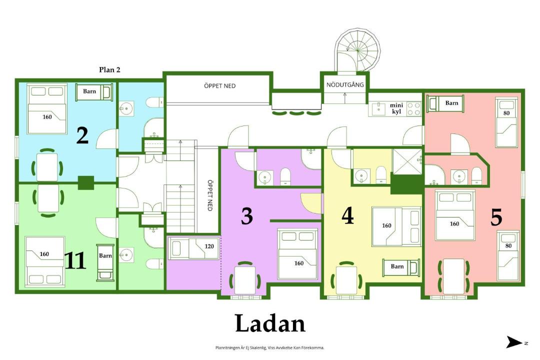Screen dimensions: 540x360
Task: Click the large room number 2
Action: (x=82, y=135)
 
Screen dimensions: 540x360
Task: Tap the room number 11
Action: (x=75, y=260)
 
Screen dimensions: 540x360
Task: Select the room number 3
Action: (x=247, y=216)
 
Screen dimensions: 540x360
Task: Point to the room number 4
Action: (x=347, y=216)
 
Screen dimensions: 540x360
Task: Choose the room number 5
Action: (x=496, y=217)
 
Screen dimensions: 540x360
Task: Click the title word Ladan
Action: (x=270, y=323)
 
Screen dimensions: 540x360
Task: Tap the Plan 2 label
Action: (x=109, y=69)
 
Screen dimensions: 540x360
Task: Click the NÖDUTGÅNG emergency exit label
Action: (x=345, y=84)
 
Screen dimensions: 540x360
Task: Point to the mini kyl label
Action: (x=396, y=108)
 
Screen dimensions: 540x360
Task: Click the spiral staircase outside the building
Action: (x=357, y=50)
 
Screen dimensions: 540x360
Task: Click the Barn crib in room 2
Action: (x=94, y=92)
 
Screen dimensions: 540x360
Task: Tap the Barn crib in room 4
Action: (x=401, y=267)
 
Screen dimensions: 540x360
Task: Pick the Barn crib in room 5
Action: (x=445, y=103)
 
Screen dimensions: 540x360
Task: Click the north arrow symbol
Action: (x=514, y=342)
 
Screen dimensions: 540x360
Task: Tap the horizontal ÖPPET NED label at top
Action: (x=219, y=86)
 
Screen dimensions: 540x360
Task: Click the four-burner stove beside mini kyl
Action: (x=413, y=108)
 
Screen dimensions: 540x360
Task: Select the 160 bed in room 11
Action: (x=45, y=261)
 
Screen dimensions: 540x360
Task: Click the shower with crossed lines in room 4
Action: (x=407, y=162)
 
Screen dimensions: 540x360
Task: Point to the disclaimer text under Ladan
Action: (x=269, y=348)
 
